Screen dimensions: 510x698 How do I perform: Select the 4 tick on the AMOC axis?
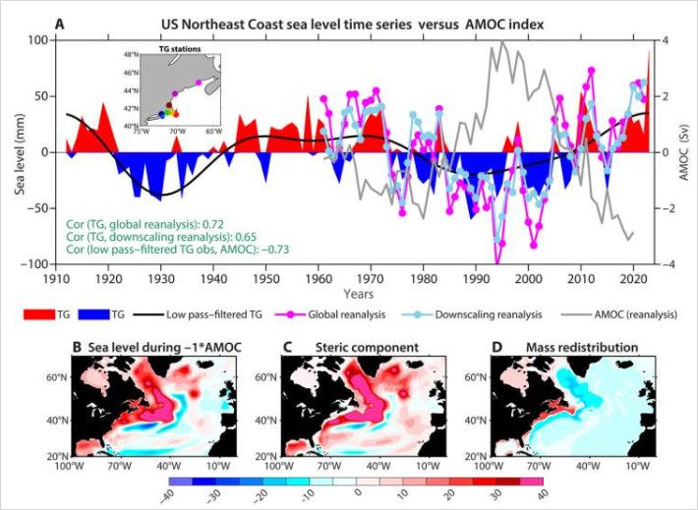tap(665, 40)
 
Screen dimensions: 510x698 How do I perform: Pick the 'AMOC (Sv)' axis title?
tap(682, 152)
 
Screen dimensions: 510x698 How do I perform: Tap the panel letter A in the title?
tap(61, 23)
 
